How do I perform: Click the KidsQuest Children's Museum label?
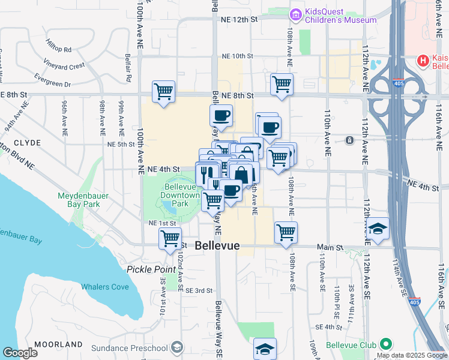coord(340,16)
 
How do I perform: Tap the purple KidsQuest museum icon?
coord(295,13)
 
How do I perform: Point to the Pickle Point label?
coord(151,269)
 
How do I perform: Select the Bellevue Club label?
coord(351,345)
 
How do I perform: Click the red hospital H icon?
coord(423,61)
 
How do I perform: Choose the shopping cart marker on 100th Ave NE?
coord(163,92)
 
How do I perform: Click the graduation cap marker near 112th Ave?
coord(377,229)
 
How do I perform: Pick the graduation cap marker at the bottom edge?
coord(265,349)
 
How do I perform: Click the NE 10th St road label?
coord(238,56)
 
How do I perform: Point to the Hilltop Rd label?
coord(58,45)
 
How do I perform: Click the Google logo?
coord(20,353)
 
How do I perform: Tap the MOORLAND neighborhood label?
coord(58,344)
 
